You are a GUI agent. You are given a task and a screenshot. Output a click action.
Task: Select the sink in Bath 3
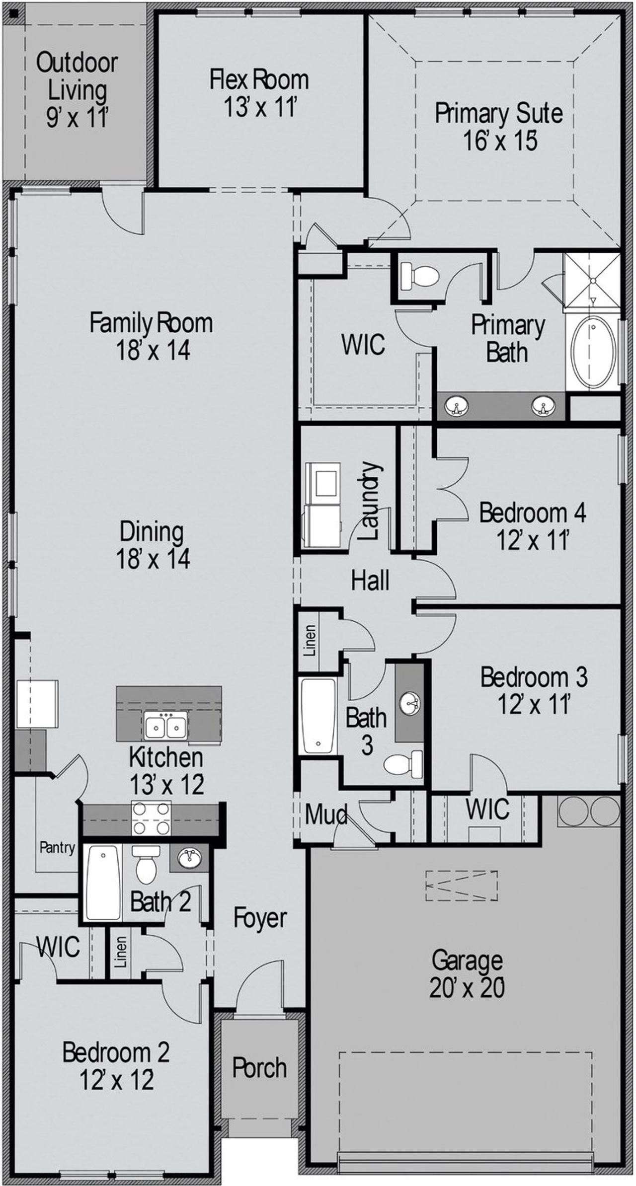410,703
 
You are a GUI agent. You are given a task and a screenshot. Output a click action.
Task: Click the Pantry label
58,847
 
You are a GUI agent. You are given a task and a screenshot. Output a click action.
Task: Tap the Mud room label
326,815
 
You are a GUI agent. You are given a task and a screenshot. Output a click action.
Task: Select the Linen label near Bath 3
310,641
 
